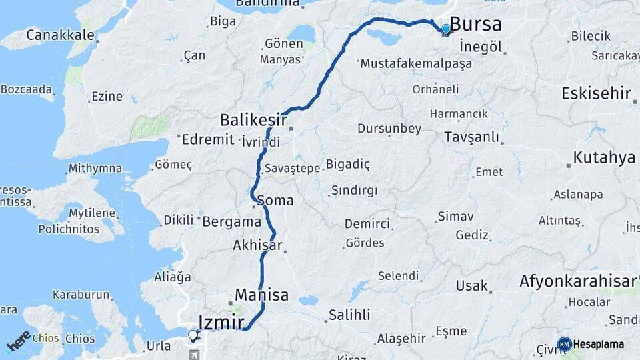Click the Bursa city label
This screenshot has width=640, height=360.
(475, 25)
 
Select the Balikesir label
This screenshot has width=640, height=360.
(253, 121)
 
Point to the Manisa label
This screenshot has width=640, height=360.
(261, 295)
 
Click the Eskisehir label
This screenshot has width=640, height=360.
(595, 93)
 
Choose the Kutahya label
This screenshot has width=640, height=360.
(604, 158)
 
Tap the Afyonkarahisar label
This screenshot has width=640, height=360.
(577, 281)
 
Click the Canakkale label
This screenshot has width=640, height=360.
(59, 34)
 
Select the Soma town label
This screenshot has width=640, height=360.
(275, 199)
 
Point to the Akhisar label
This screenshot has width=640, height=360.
(257, 245)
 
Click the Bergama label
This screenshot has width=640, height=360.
(231, 221)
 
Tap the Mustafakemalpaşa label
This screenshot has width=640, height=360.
(415, 64)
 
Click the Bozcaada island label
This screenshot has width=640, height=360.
(25, 89)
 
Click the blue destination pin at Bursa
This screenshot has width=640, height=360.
(446, 29)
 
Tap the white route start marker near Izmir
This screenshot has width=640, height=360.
(193, 335)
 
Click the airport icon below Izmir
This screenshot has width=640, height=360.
(193, 354)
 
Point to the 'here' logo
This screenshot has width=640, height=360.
(18, 341)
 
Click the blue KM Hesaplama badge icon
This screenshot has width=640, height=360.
(564, 344)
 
